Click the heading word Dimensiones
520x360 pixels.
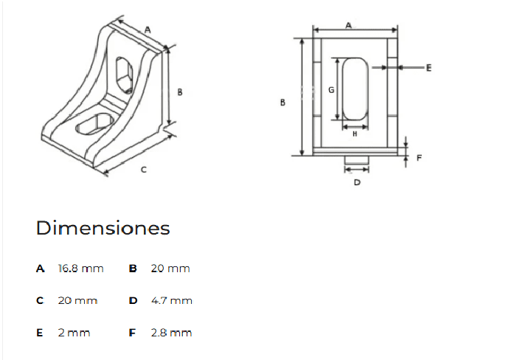click(103, 228)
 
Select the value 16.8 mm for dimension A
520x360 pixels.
click(80, 269)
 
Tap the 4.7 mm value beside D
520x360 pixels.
click(171, 301)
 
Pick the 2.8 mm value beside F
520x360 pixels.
click(171, 333)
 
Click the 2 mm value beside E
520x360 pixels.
click(74, 333)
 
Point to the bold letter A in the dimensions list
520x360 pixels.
click(41, 269)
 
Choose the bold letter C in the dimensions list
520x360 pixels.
click(41, 301)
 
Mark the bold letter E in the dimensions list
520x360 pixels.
click(41, 333)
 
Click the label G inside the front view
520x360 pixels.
click(331, 90)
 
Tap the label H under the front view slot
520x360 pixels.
click(355, 134)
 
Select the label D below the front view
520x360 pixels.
click(357, 181)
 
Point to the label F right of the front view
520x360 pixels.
click(419, 158)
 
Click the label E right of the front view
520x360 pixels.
click(429, 67)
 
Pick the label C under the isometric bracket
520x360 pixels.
click(143, 170)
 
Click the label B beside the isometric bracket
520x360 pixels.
click(180, 92)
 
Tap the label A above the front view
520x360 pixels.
click(348, 25)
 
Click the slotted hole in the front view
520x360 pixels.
click(355, 89)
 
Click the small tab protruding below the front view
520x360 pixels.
click(356, 160)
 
